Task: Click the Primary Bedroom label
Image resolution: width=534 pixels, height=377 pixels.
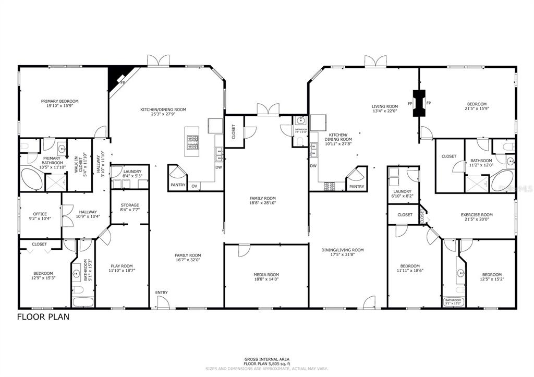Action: pos(60,101)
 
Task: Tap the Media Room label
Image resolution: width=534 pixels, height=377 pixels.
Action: pos(266,275)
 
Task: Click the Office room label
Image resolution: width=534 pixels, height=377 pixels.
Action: pos(40,214)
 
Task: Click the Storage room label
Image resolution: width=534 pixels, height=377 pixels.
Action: pos(129,205)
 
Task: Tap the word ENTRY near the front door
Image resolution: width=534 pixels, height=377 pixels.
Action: pos(161,293)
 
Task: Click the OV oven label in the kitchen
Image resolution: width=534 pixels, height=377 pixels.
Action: pos(194,186)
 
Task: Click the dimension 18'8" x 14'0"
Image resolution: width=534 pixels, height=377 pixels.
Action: pos(266,280)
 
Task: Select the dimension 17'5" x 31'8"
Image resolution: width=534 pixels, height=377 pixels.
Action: pos(342,255)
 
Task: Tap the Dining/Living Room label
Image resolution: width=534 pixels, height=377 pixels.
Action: pos(342,250)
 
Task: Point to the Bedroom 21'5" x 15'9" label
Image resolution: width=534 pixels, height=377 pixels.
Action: pos(476,104)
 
